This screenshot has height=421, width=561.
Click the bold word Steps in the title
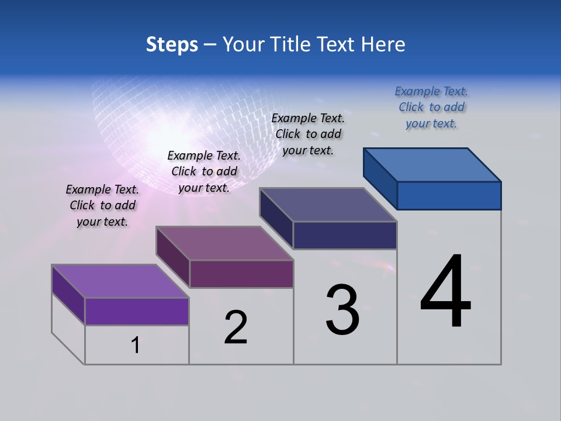(172, 44)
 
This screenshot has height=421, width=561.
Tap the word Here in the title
(383, 44)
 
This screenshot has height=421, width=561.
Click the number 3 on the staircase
(342, 310)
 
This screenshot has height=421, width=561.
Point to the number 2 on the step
(236, 327)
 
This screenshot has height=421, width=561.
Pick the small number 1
(136, 346)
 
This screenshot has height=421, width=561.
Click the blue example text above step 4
(431, 107)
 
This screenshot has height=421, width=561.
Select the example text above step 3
(308, 134)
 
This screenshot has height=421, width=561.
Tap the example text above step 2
(204, 171)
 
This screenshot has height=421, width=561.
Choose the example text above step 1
(102, 205)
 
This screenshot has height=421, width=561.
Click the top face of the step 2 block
(224, 243)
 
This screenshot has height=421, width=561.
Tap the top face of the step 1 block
(120, 281)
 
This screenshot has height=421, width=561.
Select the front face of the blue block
(449, 195)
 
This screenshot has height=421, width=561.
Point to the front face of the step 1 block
(137, 311)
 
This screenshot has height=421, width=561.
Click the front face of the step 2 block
(241, 274)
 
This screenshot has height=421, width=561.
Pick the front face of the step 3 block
(345, 235)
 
